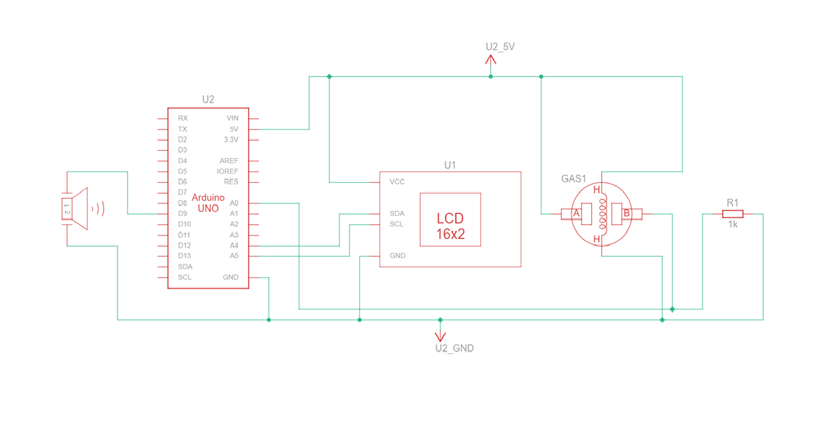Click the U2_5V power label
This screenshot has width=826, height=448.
coord(500,47)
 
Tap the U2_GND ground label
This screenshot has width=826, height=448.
coord(454,348)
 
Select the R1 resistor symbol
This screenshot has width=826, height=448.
coord(732,213)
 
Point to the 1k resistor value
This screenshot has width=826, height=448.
coord(733,225)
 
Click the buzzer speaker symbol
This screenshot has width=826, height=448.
coord(80,209)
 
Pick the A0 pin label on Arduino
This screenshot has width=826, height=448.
coord(234,203)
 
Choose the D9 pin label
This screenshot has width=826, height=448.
coord(182,213)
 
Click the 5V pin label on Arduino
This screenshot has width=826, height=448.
coord(234,129)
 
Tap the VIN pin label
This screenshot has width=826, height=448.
coord(232,118)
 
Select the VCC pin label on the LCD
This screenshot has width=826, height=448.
coord(397,182)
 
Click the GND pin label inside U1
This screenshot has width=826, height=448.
coord(398,255)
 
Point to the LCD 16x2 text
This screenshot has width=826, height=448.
coord(450,226)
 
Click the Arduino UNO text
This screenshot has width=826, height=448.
coord(208,203)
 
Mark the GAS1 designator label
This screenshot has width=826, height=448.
coord(574,179)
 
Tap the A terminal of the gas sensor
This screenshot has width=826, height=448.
coord(576,213)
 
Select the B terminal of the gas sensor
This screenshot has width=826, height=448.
coord(626,213)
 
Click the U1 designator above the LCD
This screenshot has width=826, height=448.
coord(450,165)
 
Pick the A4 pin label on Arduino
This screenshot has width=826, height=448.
coord(234,245)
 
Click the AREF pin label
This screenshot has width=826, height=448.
coord(229,161)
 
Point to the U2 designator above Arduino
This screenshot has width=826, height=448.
coord(208,100)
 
